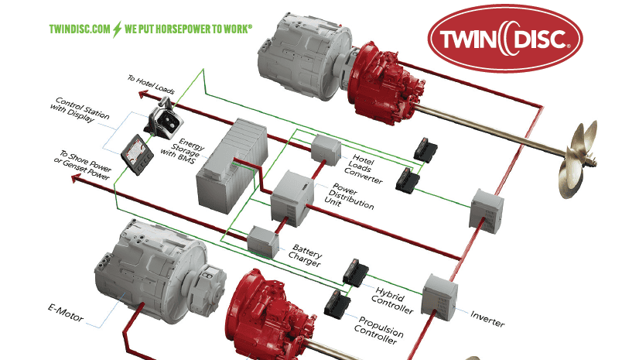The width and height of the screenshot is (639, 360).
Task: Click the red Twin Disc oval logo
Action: click(x=505, y=39)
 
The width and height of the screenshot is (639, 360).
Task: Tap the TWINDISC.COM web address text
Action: click(x=80, y=29)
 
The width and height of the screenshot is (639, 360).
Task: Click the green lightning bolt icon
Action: click(x=117, y=29)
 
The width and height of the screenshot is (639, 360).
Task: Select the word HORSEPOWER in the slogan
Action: click(x=185, y=29)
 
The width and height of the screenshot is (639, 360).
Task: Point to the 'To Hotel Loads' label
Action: click(x=151, y=84)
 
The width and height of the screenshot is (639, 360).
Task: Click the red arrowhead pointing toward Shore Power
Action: click(x=76, y=178)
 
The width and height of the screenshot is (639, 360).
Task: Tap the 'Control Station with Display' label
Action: click(x=80, y=109)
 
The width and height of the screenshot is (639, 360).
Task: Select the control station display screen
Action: click(x=138, y=155)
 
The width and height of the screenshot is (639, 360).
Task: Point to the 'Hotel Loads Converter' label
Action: click(x=363, y=169)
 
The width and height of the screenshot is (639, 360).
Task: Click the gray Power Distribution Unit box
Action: click(x=292, y=198)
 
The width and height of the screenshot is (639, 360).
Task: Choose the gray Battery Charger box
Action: click(x=263, y=242)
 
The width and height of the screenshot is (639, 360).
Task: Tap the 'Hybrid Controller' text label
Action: click(x=392, y=301)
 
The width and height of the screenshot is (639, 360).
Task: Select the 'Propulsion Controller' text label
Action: click(x=378, y=330)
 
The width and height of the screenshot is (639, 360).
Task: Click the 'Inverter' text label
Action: click(x=487, y=319)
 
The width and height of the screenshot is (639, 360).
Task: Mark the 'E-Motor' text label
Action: click(x=66, y=313)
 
